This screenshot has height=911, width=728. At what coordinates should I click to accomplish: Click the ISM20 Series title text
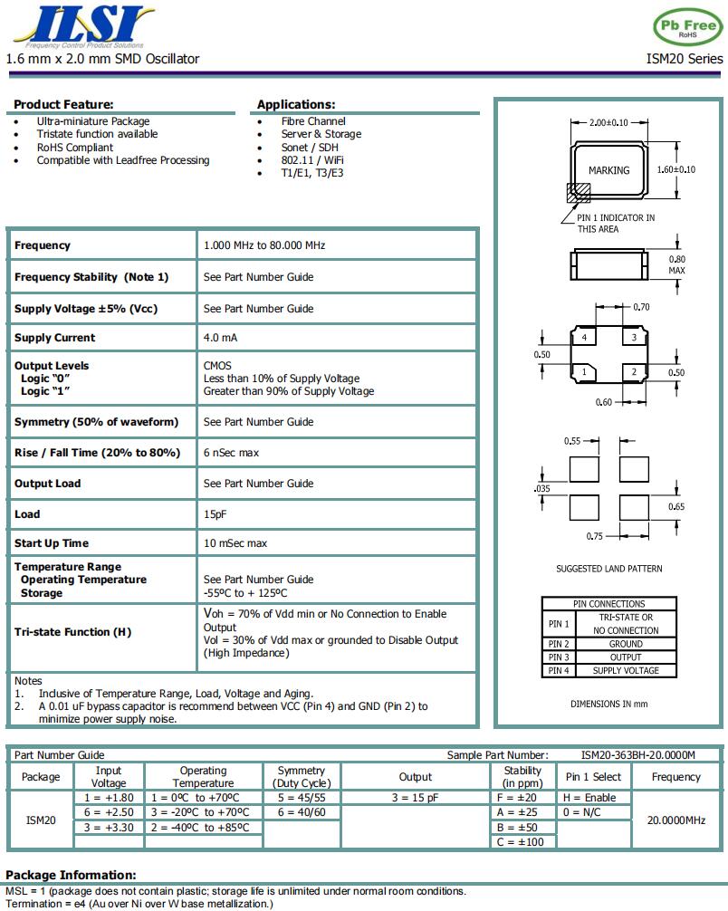(685, 59)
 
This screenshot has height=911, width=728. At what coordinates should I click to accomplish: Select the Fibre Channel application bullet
(312, 121)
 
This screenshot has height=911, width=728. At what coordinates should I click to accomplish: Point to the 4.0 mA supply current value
(220, 338)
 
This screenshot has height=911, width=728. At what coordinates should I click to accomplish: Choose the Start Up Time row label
(52, 543)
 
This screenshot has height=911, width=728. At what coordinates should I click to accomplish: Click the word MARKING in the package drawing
(608, 170)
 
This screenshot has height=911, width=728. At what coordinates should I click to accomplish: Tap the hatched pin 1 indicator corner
(578, 192)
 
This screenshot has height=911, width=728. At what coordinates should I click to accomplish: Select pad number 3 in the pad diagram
(634, 338)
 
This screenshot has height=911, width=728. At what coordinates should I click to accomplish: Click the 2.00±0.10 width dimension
(608, 122)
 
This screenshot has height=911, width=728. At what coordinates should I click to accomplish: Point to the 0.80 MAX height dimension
(676, 264)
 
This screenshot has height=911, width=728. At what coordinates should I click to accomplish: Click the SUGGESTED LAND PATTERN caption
(608, 569)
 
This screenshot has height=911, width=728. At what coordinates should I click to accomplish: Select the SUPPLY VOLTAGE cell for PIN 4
(626, 671)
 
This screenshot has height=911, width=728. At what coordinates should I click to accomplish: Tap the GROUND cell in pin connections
(626, 644)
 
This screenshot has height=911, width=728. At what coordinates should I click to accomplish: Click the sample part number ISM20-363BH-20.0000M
(638, 755)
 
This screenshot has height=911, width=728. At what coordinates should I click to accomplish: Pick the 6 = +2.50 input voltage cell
(109, 812)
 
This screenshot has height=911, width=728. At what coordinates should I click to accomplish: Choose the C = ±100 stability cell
(522, 842)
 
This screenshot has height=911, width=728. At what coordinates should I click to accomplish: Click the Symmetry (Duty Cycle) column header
(302, 777)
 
